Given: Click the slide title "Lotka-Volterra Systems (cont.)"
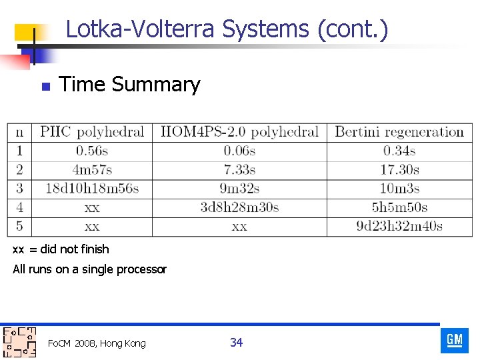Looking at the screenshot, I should point(227,29).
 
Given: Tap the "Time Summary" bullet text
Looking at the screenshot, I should point(129,85).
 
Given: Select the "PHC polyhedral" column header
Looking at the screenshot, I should point(92,132).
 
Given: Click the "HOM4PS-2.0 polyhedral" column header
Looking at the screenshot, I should point(239,132).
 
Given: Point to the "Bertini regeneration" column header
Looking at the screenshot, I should point(399,132).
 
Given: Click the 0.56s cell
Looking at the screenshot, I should point(92,151).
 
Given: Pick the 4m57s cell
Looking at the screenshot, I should point(92,170).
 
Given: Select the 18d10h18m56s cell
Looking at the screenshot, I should point(92,189).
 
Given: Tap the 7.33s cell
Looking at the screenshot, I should point(239,170).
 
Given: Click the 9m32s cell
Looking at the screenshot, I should point(239,189).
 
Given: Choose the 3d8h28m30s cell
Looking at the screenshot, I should point(239,207).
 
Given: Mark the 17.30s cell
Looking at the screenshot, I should point(399,170).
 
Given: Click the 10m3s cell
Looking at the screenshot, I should point(399,189).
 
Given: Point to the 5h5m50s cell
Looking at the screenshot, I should point(399,207).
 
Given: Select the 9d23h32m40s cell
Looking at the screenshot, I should point(399,226).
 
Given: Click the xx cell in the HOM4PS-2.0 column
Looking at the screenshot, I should point(239,227).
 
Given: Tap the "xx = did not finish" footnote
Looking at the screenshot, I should point(61,249).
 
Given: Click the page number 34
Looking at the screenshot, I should point(236,343).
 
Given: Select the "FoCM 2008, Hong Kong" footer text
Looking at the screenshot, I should point(97,343).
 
